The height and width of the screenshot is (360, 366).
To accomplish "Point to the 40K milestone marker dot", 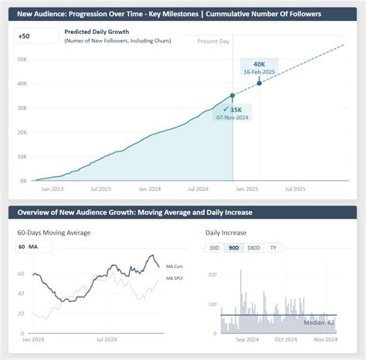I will click(259, 83).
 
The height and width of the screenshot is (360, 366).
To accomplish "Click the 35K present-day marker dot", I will click(232, 96).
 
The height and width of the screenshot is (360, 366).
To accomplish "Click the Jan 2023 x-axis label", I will click(53, 188).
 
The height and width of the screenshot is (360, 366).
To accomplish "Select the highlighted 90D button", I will click(233, 247).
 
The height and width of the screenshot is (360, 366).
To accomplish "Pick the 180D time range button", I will click(252, 247).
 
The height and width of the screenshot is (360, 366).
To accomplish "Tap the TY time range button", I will click(272, 247).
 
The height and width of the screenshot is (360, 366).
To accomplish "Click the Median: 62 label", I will click(319, 322).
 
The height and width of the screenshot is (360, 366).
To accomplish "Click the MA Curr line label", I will click(175, 265).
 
